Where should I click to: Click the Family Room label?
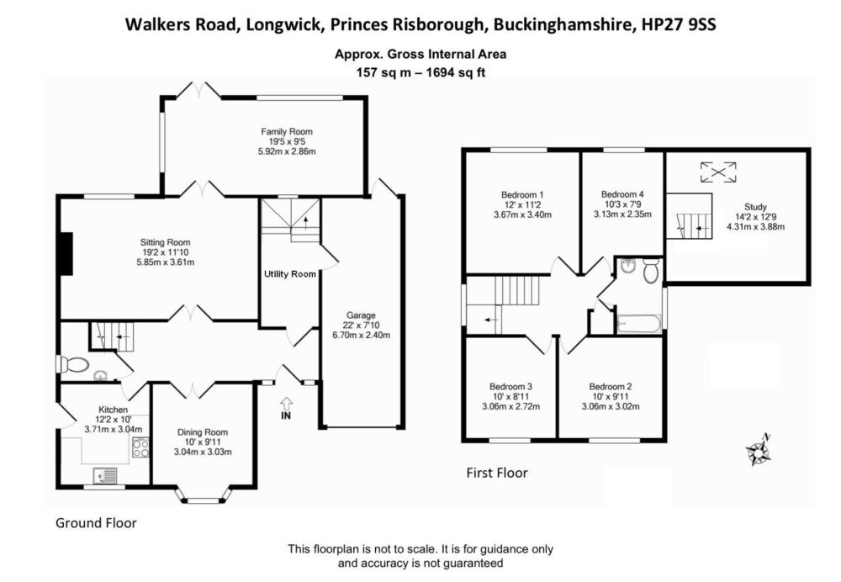[x=286, y=131]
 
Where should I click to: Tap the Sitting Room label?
[x=167, y=242]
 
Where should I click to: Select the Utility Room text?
[x=289, y=274]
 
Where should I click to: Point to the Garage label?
[x=361, y=315]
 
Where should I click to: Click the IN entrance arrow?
[x=286, y=408]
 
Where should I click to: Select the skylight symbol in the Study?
[x=717, y=172]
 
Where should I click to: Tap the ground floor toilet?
[x=73, y=364]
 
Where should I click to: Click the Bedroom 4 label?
[x=623, y=193]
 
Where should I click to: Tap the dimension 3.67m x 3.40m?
[x=521, y=214]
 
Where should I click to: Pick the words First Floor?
[x=497, y=473]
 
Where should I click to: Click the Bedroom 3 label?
[x=511, y=386]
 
